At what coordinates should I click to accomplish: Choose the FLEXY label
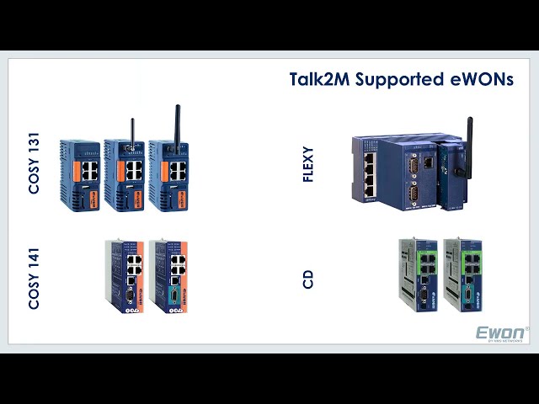(x=308, y=165)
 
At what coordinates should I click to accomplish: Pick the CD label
(x=308, y=279)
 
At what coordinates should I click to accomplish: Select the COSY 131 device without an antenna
(x=80, y=174)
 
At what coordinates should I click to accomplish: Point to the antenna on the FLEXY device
(x=469, y=147)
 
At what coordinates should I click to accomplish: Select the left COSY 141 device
(x=124, y=277)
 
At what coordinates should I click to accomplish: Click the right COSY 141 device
(x=168, y=277)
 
